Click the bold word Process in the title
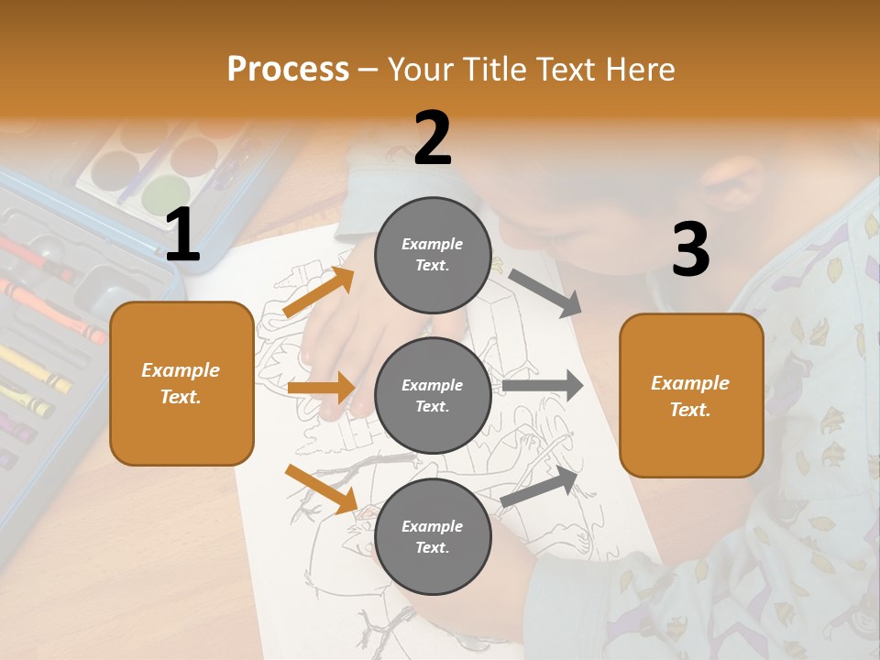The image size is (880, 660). click(x=288, y=69)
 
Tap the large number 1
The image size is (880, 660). click(x=182, y=236)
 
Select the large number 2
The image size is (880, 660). click(x=433, y=138)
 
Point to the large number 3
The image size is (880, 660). click(x=690, y=250)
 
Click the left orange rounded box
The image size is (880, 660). click(x=181, y=383)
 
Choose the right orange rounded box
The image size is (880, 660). click(x=691, y=395)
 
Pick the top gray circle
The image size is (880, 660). click(x=433, y=255)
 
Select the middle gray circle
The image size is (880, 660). click(x=433, y=395)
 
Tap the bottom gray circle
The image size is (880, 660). click(x=433, y=536)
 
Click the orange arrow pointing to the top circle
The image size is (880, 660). click(x=318, y=292)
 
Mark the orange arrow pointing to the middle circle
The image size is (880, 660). click(x=321, y=388)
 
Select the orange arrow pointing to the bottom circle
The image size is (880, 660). click(x=322, y=489)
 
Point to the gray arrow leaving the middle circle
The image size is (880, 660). click(x=543, y=386)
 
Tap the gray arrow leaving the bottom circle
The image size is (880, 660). click(x=541, y=486)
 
